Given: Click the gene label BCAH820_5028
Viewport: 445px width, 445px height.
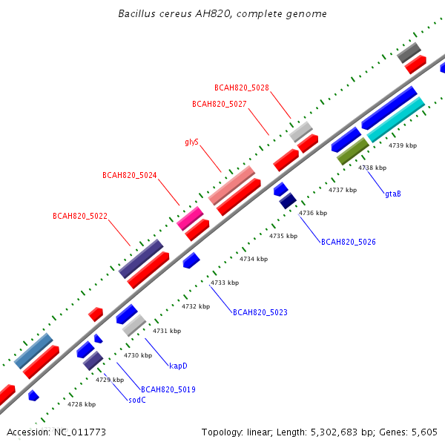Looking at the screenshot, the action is (242, 88).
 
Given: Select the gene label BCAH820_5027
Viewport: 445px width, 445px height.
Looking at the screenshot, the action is (220, 104).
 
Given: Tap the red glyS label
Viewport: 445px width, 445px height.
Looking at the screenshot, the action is (192, 142).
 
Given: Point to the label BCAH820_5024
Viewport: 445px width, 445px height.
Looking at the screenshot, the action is (129, 175).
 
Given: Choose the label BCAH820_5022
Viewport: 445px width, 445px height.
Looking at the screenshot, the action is (80, 217).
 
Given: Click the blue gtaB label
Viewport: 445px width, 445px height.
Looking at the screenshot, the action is (393, 194).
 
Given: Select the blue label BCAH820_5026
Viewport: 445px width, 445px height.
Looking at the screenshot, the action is (349, 242).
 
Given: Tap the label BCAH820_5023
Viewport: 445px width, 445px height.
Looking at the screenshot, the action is (260, 312).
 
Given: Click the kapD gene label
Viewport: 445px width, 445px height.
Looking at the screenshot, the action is (178, 366).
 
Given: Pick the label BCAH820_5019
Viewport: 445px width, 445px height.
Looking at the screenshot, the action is (168, 389).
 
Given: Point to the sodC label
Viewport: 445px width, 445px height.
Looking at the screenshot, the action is (137, 400).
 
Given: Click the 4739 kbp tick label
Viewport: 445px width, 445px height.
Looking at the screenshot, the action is (403, 145).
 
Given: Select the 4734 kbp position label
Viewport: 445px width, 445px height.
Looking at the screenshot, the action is (254, 259).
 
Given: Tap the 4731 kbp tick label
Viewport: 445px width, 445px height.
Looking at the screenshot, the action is (167, 331).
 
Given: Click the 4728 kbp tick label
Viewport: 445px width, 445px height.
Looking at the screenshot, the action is (82, 404).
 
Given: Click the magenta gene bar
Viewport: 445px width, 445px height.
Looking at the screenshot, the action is (190, 219).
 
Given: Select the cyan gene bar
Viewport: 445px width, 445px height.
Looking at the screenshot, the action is (395, 119).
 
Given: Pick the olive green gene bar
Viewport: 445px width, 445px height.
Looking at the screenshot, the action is (353, 151).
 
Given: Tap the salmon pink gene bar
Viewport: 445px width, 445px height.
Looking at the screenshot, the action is (231, 185).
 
